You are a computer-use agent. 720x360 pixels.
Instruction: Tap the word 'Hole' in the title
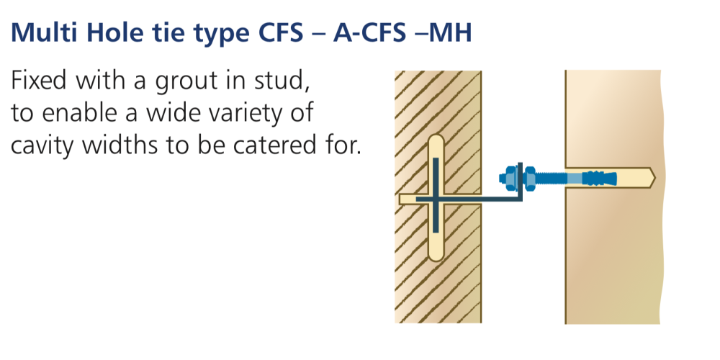pyautogui.click(x=107, y=32)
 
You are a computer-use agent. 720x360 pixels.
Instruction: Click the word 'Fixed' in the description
pyautogui.click(x=40, y=81)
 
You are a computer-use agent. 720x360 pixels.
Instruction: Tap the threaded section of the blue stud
pyautogui.click(x=551, y=178)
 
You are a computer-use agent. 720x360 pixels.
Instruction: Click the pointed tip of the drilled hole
pyautogui.click(x=654, y=178)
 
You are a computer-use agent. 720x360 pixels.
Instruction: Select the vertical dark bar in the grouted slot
pyautogui.click(x=436, y=194)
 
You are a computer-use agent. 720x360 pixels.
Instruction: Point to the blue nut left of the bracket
pyautogui.click(x=510, y=178)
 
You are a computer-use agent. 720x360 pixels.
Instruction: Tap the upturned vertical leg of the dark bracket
pyautogui.click(x=521, y=181)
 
